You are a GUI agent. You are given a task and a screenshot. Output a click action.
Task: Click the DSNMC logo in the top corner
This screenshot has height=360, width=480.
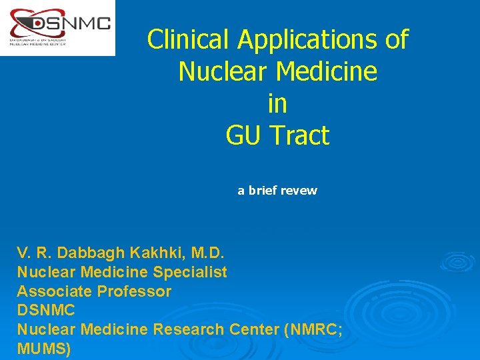tap(57, 27)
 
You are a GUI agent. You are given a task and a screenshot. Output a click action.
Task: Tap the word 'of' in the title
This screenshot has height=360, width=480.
tap(397, 39)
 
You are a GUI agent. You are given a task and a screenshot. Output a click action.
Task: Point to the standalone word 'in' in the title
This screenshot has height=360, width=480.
tap(277, 104)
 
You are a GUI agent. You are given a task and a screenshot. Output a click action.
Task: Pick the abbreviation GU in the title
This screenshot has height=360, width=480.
tap(244, 136)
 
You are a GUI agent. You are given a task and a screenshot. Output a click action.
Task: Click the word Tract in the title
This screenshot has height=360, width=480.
tap(299, 136)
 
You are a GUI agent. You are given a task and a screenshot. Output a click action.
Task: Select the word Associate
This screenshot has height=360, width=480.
tap(55, 291)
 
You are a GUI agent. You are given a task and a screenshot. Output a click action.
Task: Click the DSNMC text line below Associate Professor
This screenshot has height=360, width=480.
tap(45, 311)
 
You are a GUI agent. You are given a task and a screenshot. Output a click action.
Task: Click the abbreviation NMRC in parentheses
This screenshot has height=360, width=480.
tap(314, 329)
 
